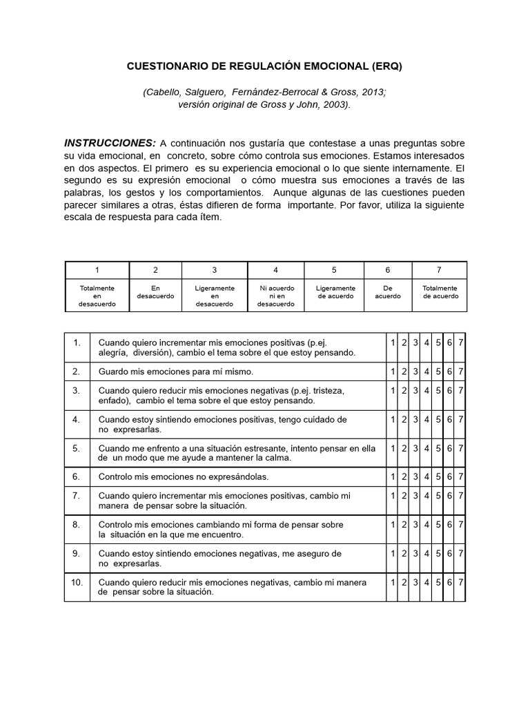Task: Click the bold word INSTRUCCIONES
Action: [x=110, y=143]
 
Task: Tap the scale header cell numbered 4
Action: [x=275, y=270]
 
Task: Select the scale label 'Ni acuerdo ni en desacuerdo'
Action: [x=275, y=296]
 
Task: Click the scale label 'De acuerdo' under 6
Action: [x=387, y=292]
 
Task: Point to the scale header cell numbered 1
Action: [x=97, y=270]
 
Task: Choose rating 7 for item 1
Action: [x=461, y=342]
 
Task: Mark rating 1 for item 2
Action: [x=393, y=371]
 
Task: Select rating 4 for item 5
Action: [x=426, y=448]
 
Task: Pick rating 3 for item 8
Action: [x=415, y=525]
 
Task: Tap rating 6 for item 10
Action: [x=449, y=582]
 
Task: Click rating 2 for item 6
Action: [x=404, y=476]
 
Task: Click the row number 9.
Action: [x=77, y=553]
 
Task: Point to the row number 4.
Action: [x=77, y=419]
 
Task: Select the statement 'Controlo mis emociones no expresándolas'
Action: [x=184, y=476]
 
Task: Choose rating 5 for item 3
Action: [x=438, y=390]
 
